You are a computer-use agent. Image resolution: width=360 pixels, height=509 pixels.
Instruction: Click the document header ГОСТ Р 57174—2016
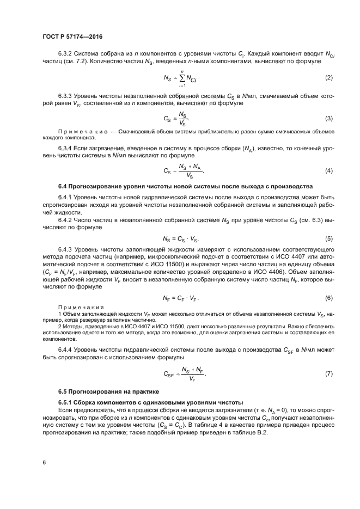(x=72, y=36)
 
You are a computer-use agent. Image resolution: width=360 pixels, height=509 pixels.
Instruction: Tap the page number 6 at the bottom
(x=44, y=462)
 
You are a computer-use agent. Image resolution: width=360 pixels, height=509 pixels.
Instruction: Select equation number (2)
(x=328, y=78)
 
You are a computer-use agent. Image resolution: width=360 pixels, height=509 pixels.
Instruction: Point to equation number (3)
(x=328, y=118)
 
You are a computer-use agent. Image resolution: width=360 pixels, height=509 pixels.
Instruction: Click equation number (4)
(x=328, y=171)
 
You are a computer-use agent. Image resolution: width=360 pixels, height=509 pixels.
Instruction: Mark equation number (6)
(x=328, y=298)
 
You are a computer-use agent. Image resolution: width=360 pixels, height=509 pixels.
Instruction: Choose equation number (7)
(x=328, y=373)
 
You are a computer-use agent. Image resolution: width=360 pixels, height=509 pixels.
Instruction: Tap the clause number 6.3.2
(x=65, y=53)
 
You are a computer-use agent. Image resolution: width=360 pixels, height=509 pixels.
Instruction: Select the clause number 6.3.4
(x=65, y=148)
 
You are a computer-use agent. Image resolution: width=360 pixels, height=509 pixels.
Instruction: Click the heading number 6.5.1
(x=66, y=402)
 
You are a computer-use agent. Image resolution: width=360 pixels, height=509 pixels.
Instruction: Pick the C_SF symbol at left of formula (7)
(x=170, y=374)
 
